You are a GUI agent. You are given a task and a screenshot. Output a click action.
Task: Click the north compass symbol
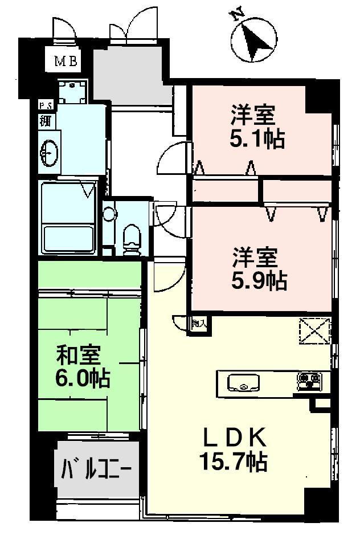[x=254, y=39]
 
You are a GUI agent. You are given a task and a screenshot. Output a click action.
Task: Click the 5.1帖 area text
[x=257, y=138]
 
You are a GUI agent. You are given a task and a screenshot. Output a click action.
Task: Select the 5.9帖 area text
[x=259, y=280]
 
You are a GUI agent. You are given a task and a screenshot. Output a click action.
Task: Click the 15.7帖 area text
[x=234, y=461]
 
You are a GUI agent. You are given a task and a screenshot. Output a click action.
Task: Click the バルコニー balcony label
[x=96, y=471]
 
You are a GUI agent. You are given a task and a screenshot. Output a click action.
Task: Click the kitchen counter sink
[x=243, y=382]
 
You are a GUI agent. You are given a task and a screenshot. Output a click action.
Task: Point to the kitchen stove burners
[x=309, y=382]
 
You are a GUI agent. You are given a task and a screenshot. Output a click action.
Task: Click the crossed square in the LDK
[x=314, y=331]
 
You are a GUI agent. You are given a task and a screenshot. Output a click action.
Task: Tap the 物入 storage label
[x=199, y=323]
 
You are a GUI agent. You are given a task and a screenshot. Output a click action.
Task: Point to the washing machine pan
[x=72, y=92]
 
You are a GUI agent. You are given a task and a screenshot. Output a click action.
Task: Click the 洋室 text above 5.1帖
[x=253, y=115]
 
